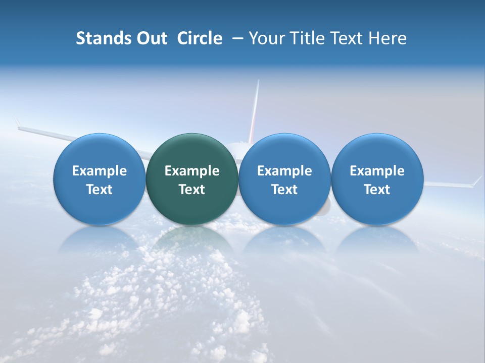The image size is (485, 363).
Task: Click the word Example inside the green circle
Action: click(192, 171)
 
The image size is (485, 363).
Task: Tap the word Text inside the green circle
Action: click(192, 190)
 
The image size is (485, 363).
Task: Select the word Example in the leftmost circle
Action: click(100, 171)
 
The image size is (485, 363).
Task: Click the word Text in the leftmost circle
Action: click(100, 190)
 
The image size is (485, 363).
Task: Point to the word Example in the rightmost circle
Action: click(377, 171)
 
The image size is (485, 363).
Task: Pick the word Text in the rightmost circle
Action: click(377, 190)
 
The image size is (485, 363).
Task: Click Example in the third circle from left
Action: click(284, 171)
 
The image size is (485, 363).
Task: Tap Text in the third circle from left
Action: click(284, 190)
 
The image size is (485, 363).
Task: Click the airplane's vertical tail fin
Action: click(255, 111)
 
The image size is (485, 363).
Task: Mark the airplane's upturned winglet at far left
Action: click(17, 123)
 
